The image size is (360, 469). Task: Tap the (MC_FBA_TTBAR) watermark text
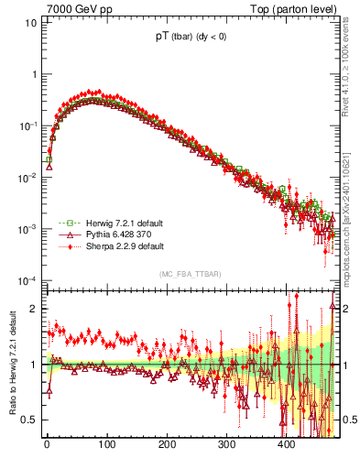click(190, 275)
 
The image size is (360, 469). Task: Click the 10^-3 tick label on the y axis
click(27, 229)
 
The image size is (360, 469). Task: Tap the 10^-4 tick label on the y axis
click(27, 280)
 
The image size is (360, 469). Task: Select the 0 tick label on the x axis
click(47, 445)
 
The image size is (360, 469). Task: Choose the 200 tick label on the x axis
click(167, 445)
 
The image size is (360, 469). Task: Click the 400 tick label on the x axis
click(287, 445)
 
